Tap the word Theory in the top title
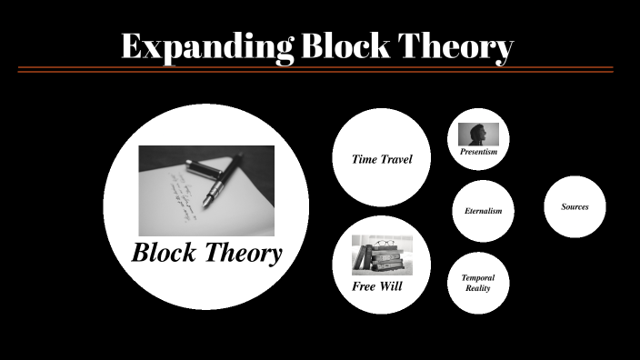(x=463, y=47)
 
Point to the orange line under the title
(x=315, y=69)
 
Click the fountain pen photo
(x=205, y=190)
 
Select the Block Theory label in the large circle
(x=206, y=253)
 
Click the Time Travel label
(x=382, y=159)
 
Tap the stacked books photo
(x=382, y=255)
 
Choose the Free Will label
(x=377, y=286)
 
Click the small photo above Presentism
(x=478, y=135)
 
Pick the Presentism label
(x=478, y=152)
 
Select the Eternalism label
(x=483, y=211)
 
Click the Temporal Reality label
(x=478, y=283)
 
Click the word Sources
(x=575, y=206)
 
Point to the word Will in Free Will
(x=392, y=286)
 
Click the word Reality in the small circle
(x=478, y=288)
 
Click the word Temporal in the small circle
(x=478, y=277)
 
